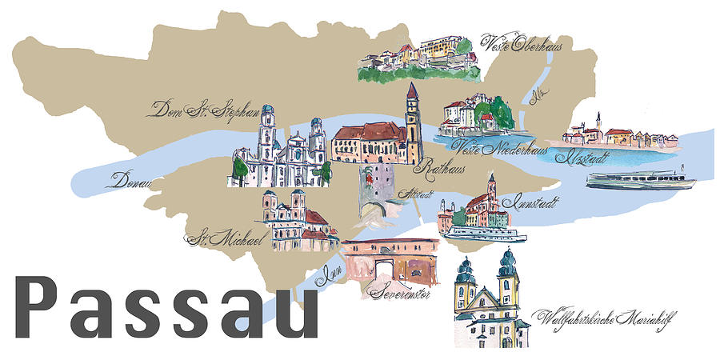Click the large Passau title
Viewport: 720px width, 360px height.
(166, 308)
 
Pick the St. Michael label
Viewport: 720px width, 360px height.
(213, 238)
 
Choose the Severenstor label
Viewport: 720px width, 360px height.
(400, 294)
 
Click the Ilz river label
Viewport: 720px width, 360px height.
(537, 98)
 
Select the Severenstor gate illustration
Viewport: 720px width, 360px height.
(390, 258)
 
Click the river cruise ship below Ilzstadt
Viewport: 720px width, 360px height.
(640, 179)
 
